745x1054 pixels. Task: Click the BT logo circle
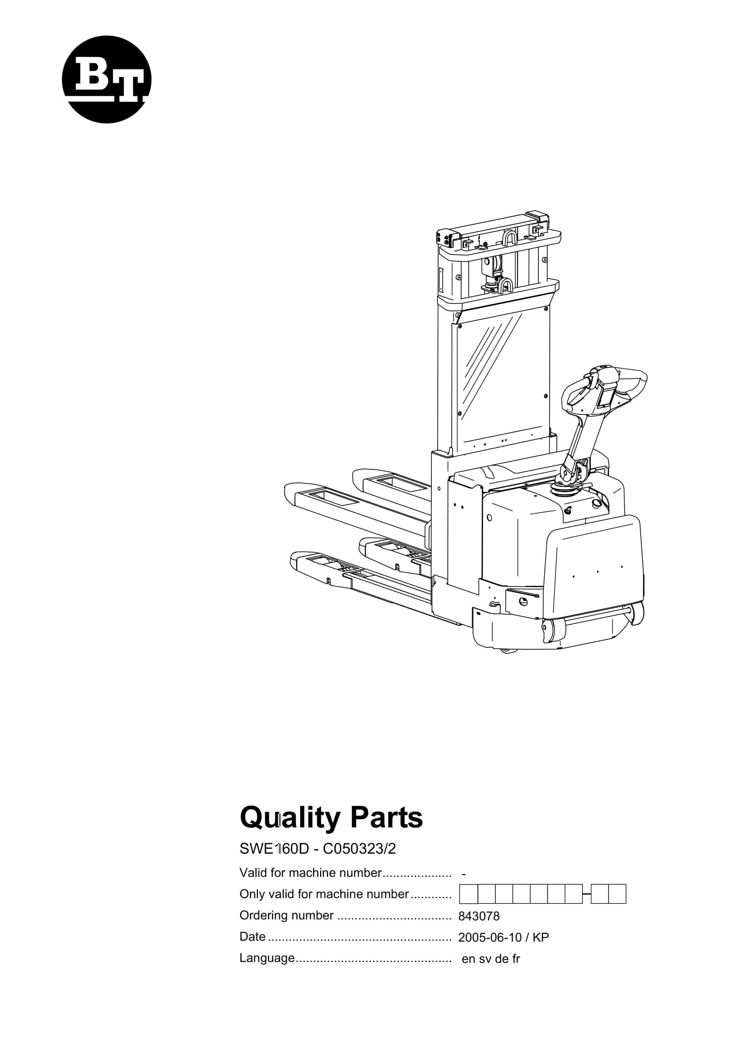point(106,79)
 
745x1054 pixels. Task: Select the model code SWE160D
point(274,849)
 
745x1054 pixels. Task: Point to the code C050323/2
point(359,849)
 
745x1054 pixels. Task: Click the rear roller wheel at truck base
point(637,614)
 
